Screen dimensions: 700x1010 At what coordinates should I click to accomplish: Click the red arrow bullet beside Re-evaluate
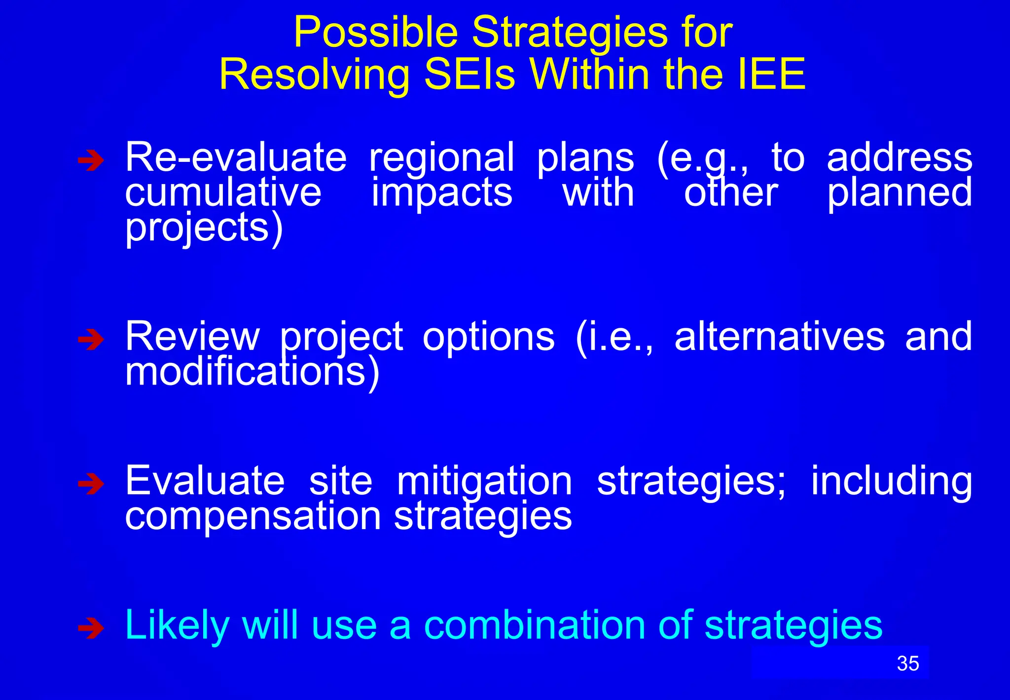tap(91, 160)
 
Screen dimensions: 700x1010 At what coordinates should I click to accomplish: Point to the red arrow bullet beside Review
tap(91, 340)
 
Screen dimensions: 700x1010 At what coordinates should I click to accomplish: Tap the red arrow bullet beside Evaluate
tap(91, 484)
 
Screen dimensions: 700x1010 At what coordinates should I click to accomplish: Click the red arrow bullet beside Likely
tap(91, 628)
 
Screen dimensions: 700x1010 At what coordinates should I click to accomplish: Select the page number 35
tap(908, 663)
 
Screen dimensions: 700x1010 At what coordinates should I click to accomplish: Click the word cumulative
tap(223, 193)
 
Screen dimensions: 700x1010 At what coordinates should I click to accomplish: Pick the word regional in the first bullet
tap(442, 158)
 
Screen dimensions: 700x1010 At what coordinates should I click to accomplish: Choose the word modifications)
tap(252, 372)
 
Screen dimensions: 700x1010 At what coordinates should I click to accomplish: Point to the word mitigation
tap(484, 482)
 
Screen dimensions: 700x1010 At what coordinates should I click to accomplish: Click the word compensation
tap(253, 516)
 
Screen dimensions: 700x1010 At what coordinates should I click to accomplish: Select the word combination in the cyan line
tap(535, 625)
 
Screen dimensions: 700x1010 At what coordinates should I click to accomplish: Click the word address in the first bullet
tap(899, 158)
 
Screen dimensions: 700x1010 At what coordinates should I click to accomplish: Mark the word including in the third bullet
tap(891, 482)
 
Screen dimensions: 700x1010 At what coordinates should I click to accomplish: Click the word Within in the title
tap(590, 75)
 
